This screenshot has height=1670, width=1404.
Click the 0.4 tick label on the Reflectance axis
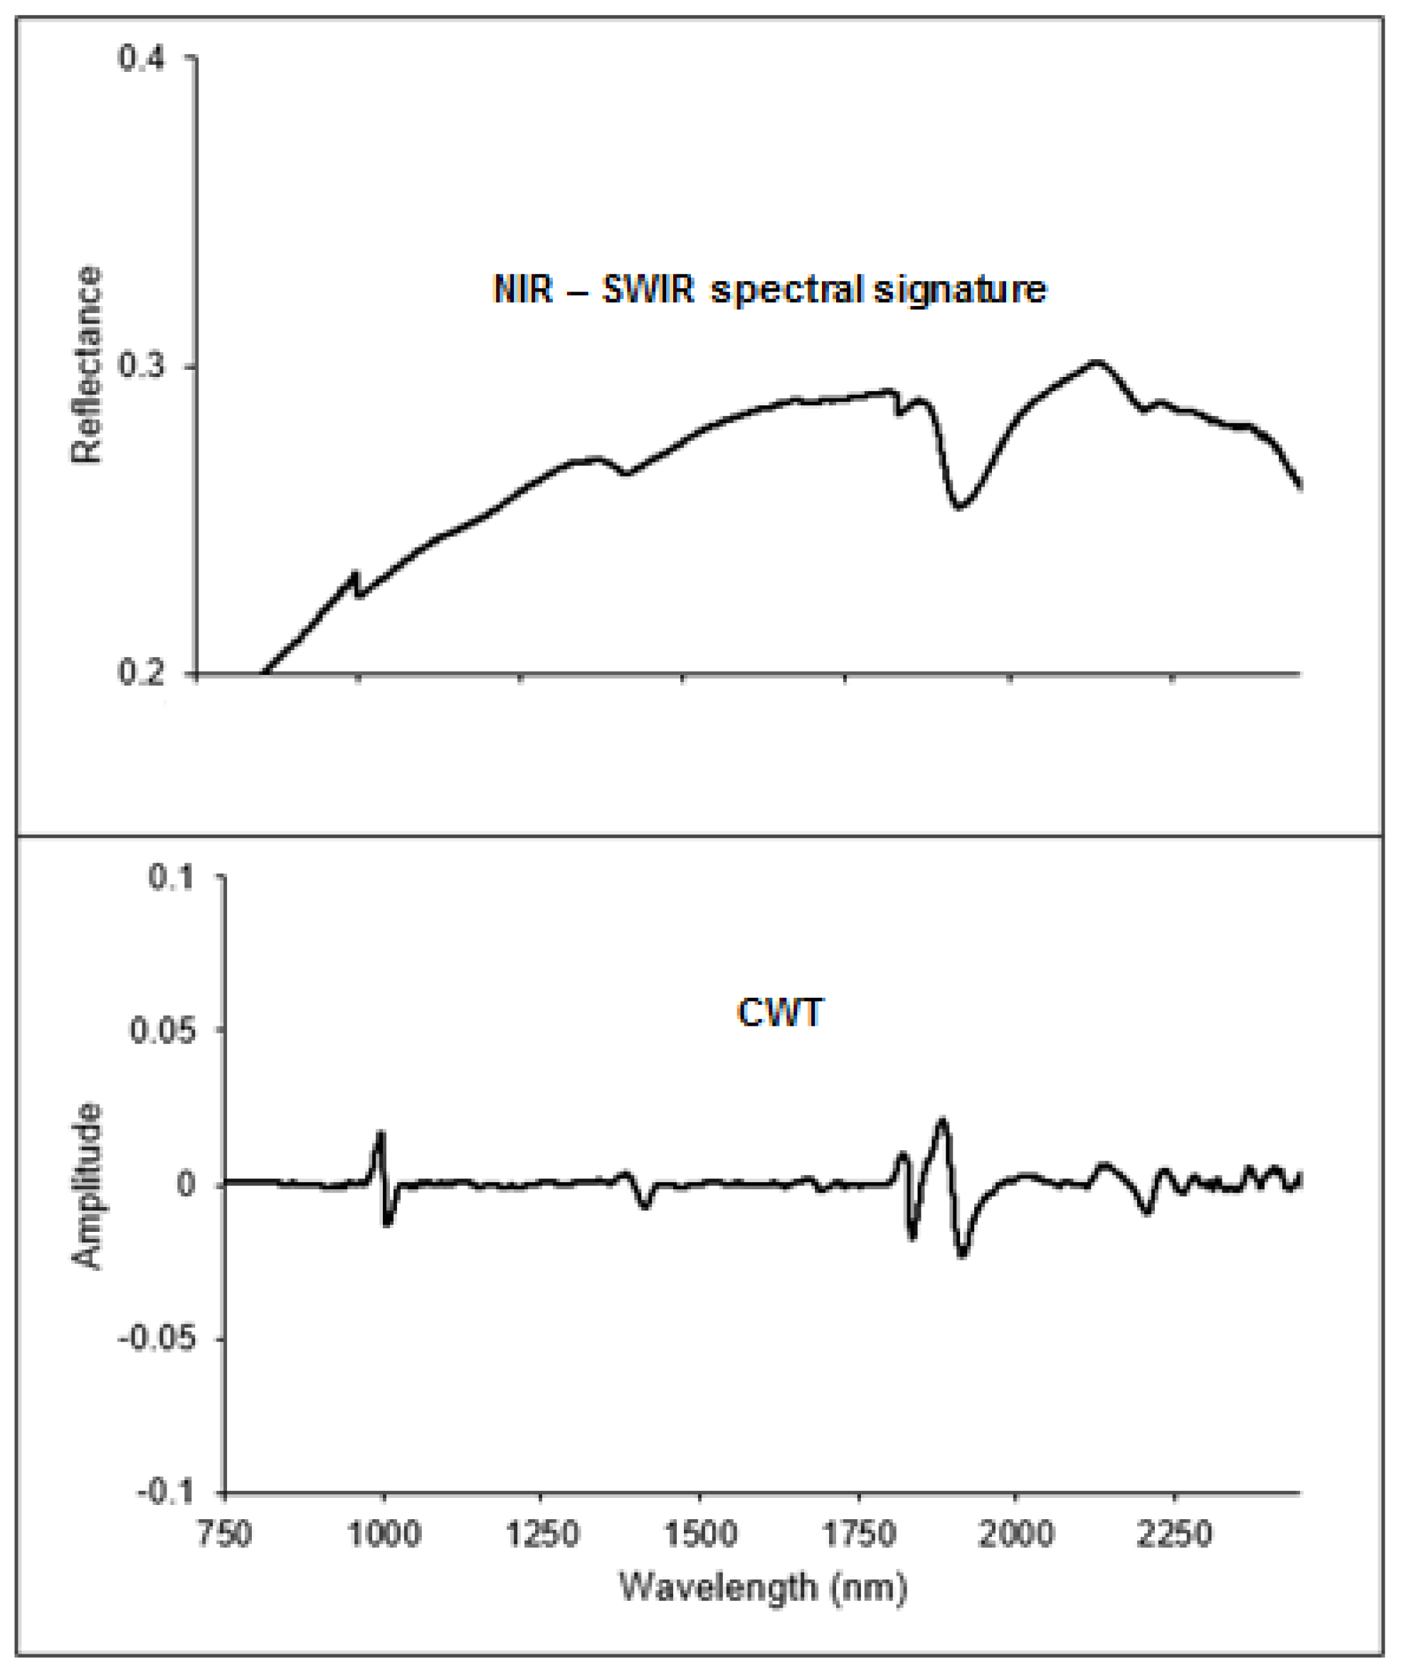point(142,58)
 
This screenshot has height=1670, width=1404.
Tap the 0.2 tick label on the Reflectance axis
point(142,673)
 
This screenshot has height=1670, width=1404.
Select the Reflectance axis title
point(87,365)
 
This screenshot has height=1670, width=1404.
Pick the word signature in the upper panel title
point(960,290)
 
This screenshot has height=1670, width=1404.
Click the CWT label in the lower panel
point(779,1013)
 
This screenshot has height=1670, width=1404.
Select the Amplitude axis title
point(87,1186)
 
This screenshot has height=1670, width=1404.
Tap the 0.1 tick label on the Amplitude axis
point(171,878)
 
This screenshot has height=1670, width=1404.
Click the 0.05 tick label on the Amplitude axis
point(162,1031)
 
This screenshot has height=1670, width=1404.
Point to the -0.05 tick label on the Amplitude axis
point(157,1339)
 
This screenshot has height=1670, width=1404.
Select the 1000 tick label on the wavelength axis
point(384,1534)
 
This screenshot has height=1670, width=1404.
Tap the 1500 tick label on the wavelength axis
point(700,1534)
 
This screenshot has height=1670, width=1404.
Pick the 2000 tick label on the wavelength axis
point(1015,1534)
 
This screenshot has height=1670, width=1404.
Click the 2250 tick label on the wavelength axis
point(1173,1534)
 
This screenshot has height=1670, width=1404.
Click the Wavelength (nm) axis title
point(763,1588)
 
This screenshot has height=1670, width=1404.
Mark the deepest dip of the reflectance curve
point(959,506)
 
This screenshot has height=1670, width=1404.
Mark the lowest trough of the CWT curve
point(963,1255)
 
